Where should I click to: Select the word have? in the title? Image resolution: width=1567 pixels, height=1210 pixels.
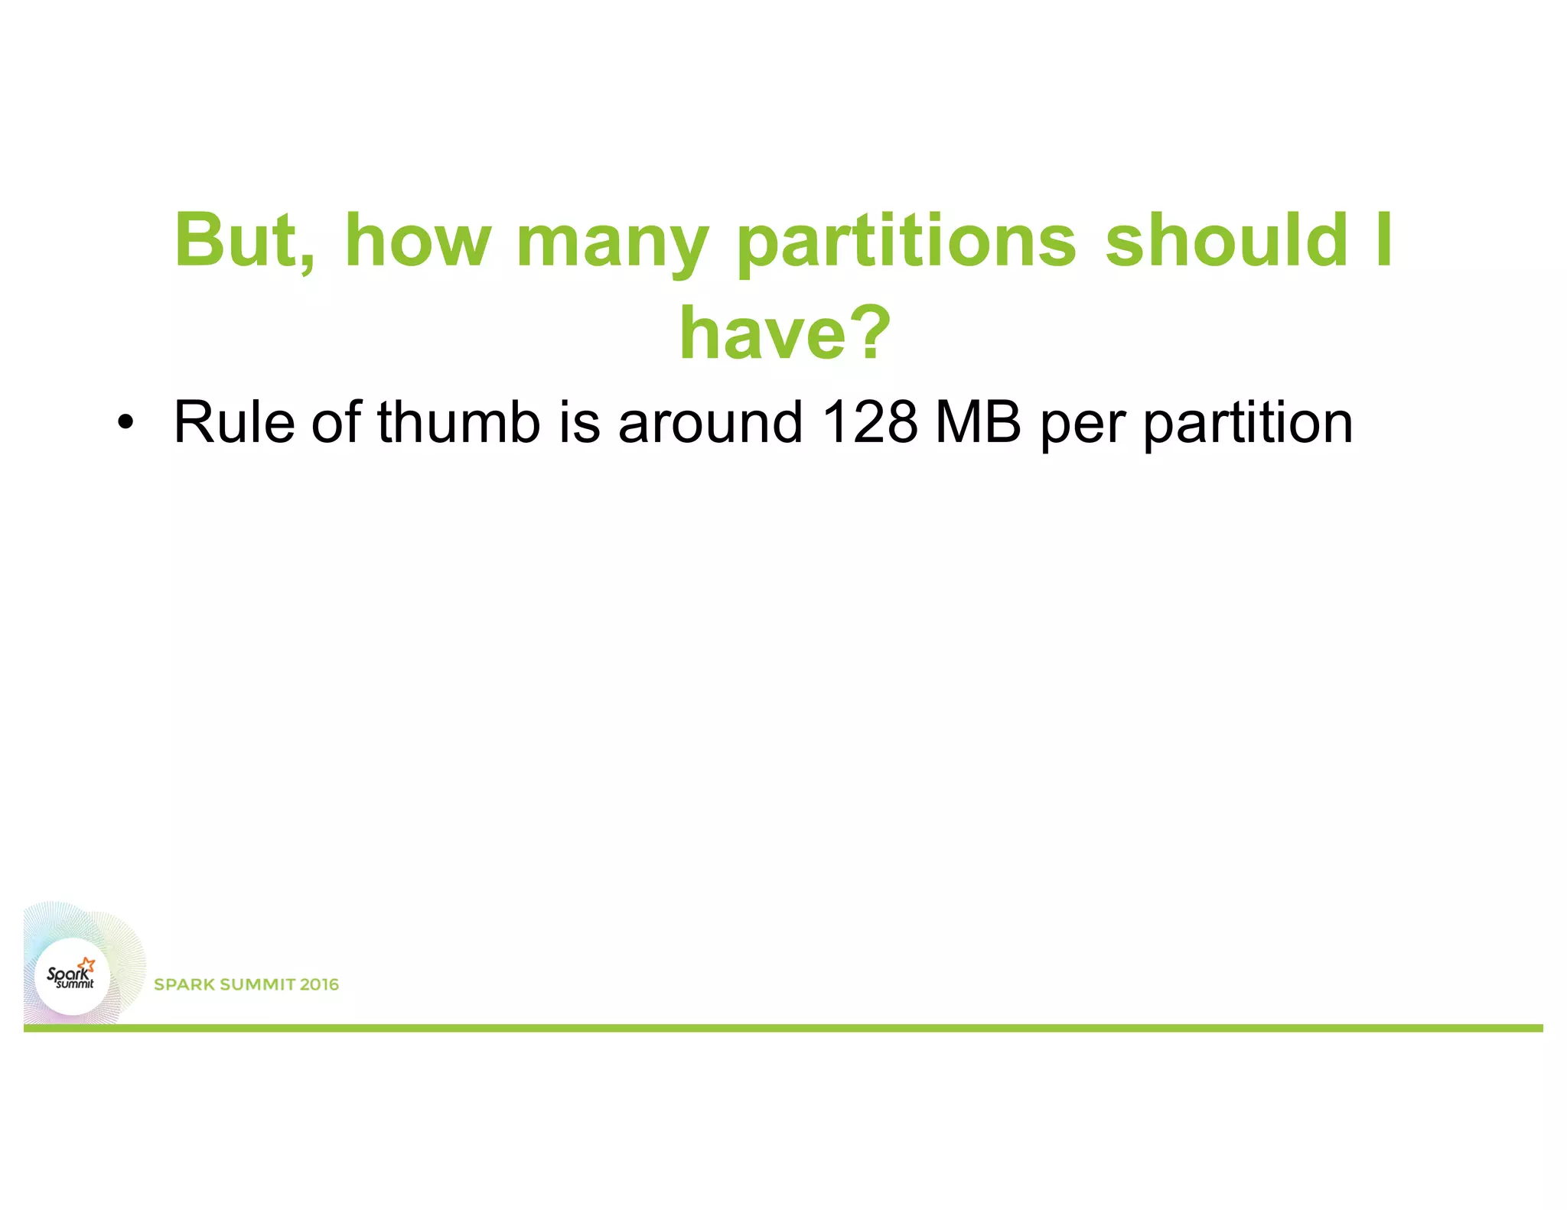(x=785, y=333)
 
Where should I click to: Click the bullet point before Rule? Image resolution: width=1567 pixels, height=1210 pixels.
(x=125, y=423)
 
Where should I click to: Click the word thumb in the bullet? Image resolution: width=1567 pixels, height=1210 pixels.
(x=459, y=422)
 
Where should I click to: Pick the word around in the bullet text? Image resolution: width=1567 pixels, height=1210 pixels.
(x=711, y=422)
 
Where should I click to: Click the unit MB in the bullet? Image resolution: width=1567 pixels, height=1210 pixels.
(x=978, y=422)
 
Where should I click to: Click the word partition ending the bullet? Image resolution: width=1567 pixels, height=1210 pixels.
(x=1248, y=424)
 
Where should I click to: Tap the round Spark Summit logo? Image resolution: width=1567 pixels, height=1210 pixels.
(x=72, y=977)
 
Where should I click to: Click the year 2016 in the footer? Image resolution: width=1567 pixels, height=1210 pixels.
(x=319, y=985)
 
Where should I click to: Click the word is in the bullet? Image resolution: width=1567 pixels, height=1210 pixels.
(x=579, y=422)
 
